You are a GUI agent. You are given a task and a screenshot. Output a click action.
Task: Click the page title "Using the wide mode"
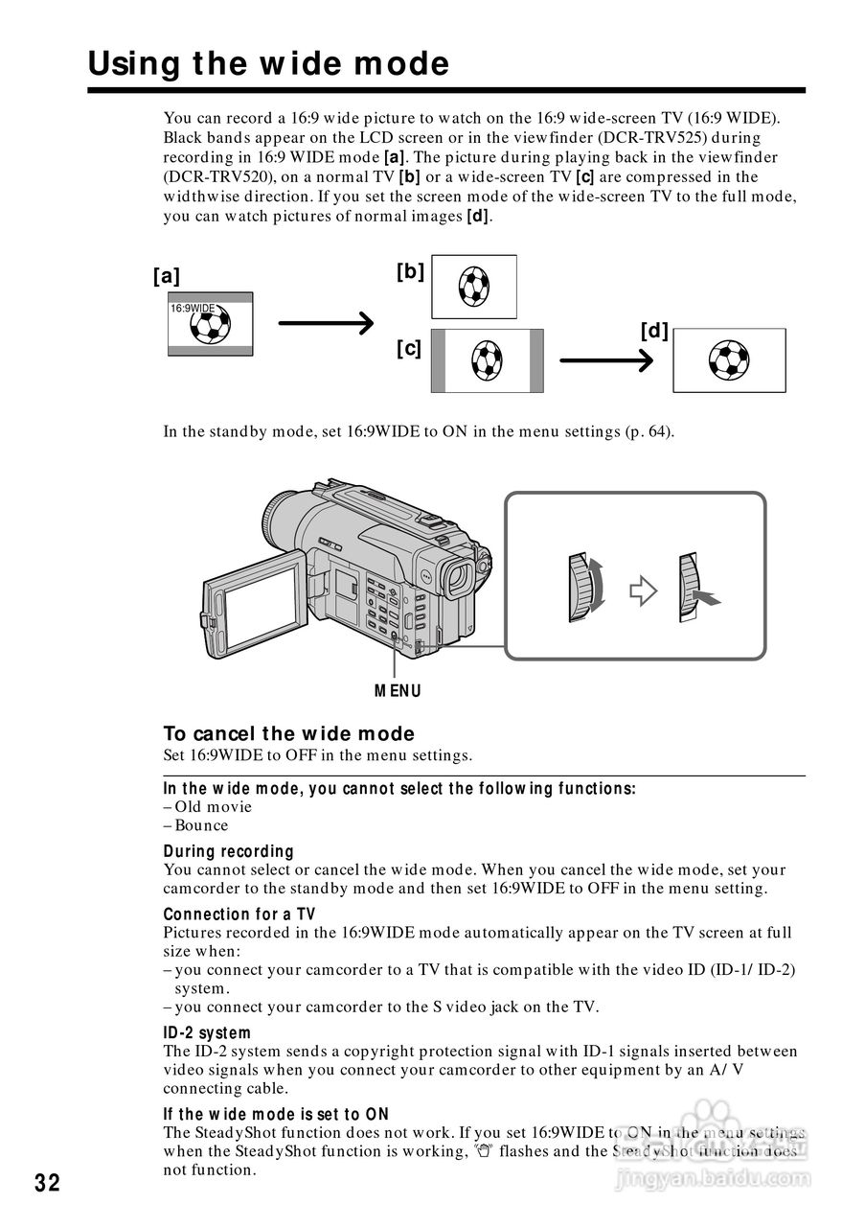tap(268, 64)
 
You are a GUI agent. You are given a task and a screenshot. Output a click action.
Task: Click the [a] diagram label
tap(166, 276)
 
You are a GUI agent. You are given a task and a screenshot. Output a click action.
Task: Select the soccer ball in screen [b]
tap(474, 285)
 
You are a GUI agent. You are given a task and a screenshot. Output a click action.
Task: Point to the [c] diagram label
tap(409, 348)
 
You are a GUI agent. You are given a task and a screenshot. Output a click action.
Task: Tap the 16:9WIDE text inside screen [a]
tap(193, 309)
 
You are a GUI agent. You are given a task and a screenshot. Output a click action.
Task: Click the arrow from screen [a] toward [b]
tap(325, 324)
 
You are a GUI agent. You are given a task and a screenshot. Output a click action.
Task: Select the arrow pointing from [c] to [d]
tap(605, 360)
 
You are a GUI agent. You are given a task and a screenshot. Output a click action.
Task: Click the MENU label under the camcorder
tap(398, 691)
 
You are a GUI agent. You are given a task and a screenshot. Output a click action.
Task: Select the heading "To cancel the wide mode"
tap(288, 734)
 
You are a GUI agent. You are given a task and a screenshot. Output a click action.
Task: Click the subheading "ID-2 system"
tap(207, 1033)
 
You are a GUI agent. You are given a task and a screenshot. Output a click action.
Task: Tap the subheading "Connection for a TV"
tap(239, 914)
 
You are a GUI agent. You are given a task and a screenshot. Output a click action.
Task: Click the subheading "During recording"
tap(228, 851)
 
